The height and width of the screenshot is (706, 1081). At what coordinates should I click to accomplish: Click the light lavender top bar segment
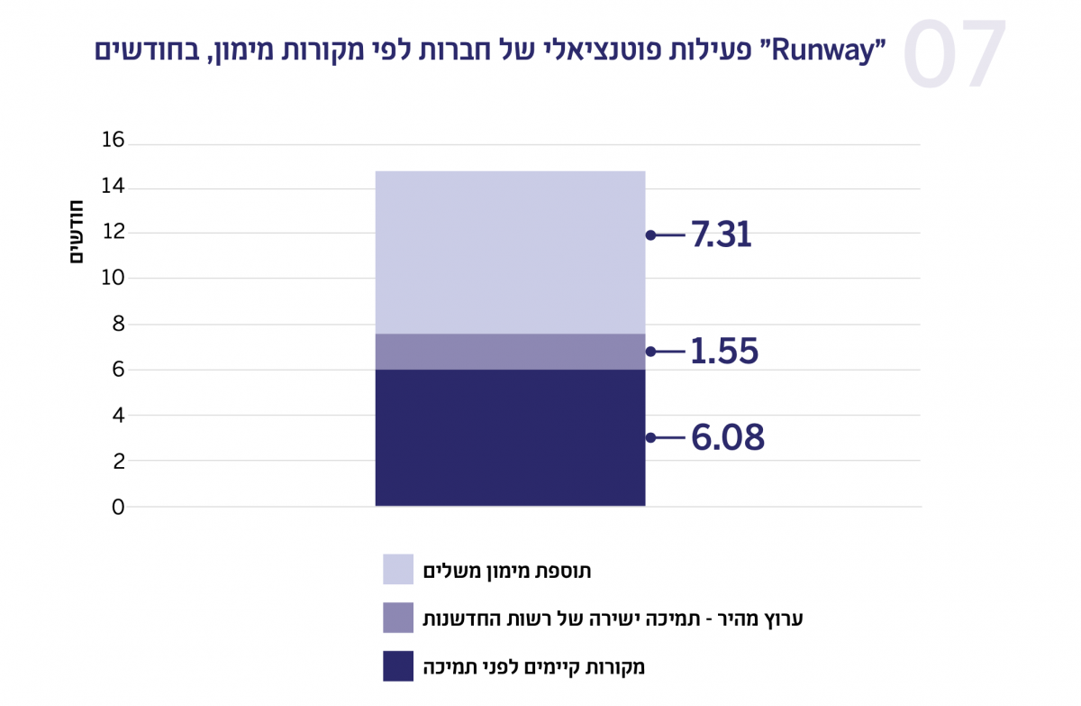[x=510, y=252]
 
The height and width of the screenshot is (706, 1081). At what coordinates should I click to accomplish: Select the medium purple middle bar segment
[x=510, y=352]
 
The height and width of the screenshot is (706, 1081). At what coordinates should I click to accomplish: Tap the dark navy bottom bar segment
[x=510, y=437]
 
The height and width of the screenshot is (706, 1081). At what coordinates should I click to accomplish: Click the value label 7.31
[x=721, y=235]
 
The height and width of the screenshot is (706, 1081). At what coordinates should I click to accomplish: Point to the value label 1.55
[x=724, y=352]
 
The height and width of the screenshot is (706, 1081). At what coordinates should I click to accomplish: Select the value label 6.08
[x=727, y=438]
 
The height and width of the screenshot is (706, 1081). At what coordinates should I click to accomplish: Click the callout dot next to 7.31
[x=650, y=235]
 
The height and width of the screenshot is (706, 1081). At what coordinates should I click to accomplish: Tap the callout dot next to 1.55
[x=650, y=352]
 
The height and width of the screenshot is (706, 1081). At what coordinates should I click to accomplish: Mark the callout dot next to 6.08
[x=650, y=438]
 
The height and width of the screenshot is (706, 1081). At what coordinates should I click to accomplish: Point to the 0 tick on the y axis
[x=118, y=508]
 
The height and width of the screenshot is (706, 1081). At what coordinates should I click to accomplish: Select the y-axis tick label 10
[x=113, y=278]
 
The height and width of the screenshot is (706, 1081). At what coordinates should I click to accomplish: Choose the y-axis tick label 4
[x=118, y=416]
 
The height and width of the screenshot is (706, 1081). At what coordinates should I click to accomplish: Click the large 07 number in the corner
[x=955, y=54]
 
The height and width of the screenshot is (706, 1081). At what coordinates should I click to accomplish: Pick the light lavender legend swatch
[x=398, y=570]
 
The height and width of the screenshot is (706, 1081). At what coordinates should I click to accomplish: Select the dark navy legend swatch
[x=398, y=667]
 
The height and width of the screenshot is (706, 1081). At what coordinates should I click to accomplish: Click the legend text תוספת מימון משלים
[x=508, y=571]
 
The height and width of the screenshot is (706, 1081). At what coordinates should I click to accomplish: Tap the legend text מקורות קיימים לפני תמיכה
[x=535, y=668]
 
